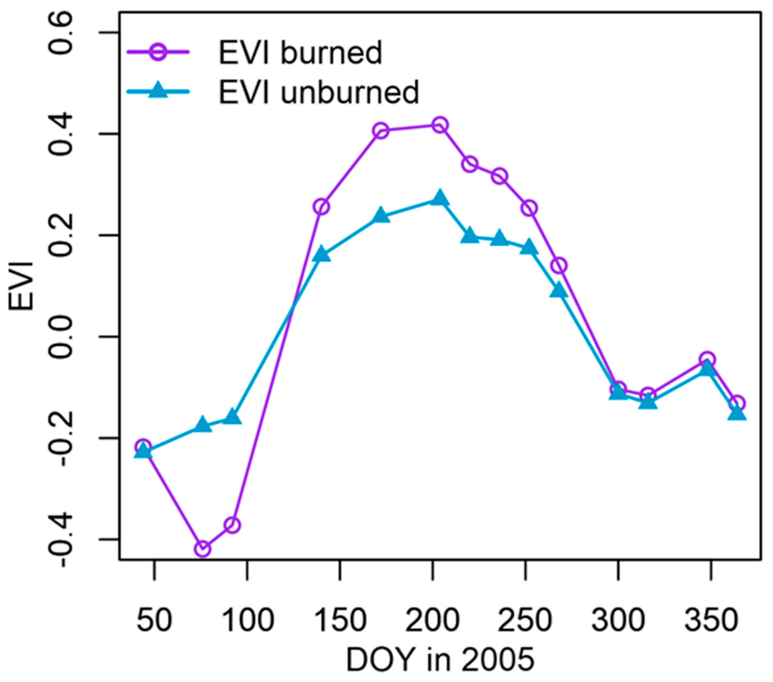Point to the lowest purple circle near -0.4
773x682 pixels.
pyautogui.click(x=203, y=549)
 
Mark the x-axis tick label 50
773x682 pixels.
pyautogui.click(x=154, y=620)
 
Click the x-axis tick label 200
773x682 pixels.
pyautogui.click(x=432, y=620)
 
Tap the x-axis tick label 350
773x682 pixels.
pyautogui.click(x=711, y=620)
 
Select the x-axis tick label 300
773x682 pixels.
pyautogui.click(x=618, y=620)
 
